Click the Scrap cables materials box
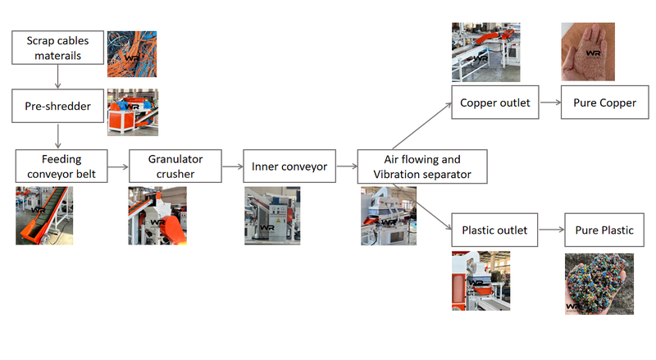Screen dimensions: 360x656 (x=57, y=48)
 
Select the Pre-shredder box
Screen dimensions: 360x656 (x=57, y=105)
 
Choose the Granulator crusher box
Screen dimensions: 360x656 (x=175, y=166)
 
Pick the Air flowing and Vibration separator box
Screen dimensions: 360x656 (x=422, y=166)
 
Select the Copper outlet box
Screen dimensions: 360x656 (x=495, y=103)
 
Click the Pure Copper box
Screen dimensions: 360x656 (x=599, y=103)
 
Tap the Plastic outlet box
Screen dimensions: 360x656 (x=494, y=230)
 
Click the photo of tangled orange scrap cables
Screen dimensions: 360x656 (x=132, y=53)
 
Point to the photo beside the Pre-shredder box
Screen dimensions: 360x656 (x=133, y=112)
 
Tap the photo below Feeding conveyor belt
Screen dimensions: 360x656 (x=44, y=216)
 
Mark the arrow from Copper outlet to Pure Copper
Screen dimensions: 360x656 (x=549, y=103)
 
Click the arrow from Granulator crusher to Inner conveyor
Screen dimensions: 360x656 (x=232, y=166)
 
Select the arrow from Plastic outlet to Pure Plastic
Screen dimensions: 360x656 (x=551, y=230)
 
